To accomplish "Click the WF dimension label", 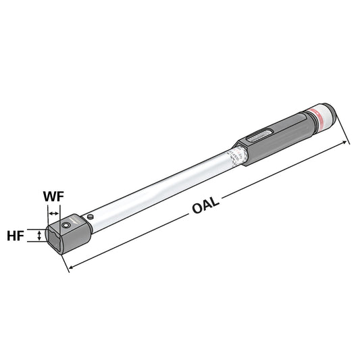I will tap(55, 198).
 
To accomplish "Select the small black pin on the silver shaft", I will tap(91, 216).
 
